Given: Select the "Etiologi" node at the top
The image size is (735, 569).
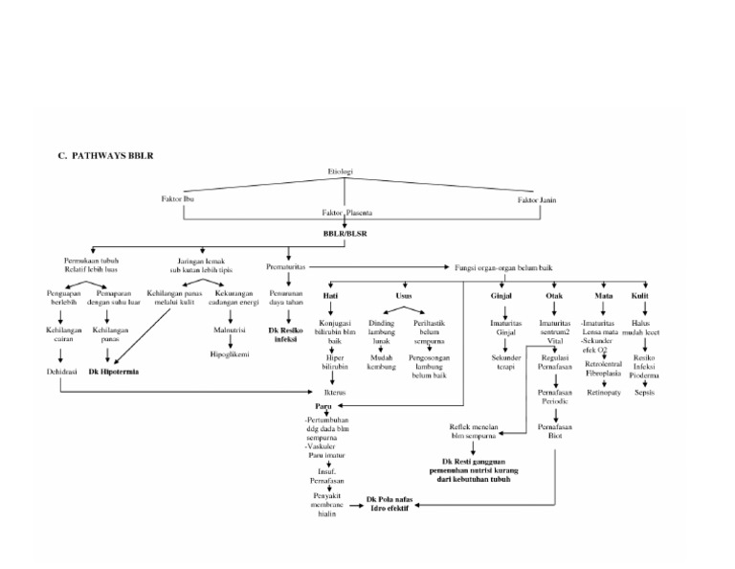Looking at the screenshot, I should click(340, 171).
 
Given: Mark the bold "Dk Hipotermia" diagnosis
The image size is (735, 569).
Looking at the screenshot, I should click(114, 370).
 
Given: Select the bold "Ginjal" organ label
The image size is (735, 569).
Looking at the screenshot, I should click(501, 297).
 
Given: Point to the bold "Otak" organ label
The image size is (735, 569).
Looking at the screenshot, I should click(554, 297).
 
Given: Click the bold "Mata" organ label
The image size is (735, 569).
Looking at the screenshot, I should click(603, 297).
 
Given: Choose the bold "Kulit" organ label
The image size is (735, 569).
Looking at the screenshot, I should click(641, 297).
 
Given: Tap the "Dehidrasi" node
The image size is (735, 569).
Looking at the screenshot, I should click(59, 370).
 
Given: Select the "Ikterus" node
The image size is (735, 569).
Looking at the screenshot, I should click(335, 392).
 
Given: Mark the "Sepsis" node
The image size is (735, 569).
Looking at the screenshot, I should click(644, 392).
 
